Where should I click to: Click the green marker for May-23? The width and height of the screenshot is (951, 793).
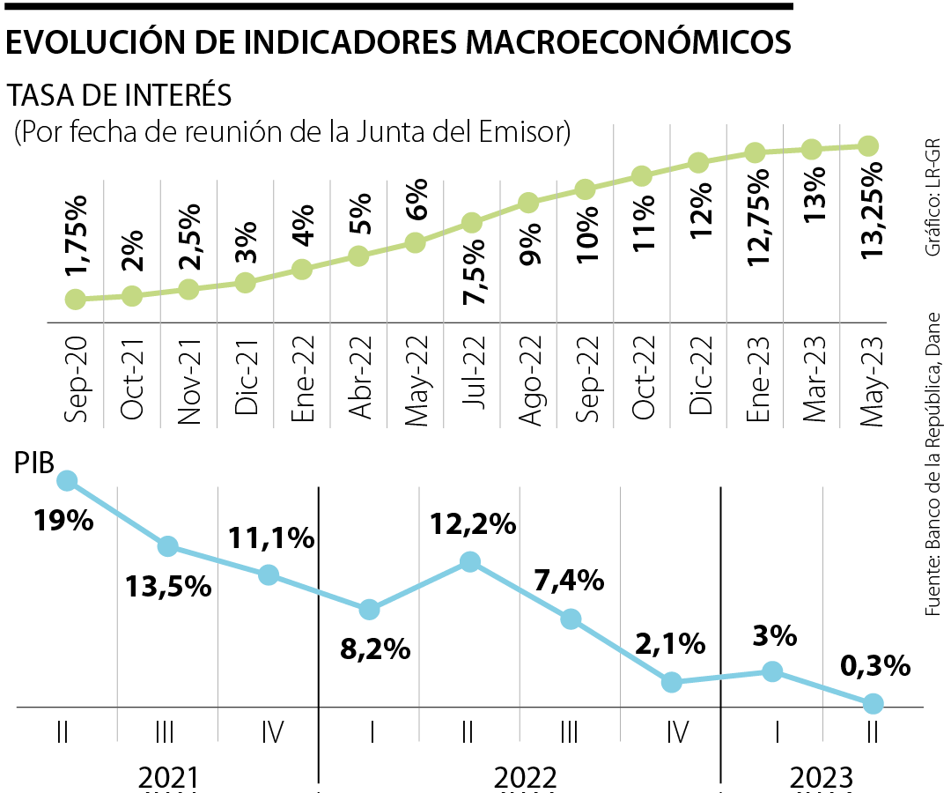pyautogui.click(x=867, y=146)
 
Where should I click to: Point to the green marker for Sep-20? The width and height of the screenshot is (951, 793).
pyautogui.click(x=76, y=300)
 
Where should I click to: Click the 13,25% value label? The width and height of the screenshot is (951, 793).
pyautogui.click(x=867, y=211)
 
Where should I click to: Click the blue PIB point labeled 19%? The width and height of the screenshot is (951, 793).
pyautogui.click(x=67, y=480)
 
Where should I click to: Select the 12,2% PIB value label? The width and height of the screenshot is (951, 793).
pyautogui.click(x=472, y=524)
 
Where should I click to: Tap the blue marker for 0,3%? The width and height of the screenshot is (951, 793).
pyautogui.click(x=873, y=703)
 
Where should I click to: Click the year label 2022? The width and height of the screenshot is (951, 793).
pyautogui.click(x=525, y=777)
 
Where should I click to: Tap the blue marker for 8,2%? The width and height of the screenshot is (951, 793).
pyautogui.click(x=370, y=610)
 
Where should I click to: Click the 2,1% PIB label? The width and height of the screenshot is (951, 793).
pyautogui.click(x=672, y=644)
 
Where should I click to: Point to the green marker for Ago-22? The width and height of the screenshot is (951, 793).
pyautogui.click(x=528, y=204)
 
